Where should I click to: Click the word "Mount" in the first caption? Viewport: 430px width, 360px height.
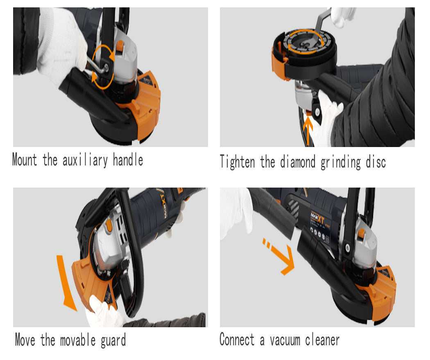coord(25,160)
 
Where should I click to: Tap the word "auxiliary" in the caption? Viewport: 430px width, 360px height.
coord(85,160)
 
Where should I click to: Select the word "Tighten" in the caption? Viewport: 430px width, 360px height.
coord(238,161)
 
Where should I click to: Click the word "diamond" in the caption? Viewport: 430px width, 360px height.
coord(298,161)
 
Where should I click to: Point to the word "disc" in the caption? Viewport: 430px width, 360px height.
coord(376,162)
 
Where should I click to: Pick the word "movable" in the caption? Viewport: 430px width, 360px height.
coord(78,340)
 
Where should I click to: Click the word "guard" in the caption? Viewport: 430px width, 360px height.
coord(113,340)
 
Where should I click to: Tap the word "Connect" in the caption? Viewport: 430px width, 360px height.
coord(237,340)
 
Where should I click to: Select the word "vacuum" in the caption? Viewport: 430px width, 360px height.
coord(285,340)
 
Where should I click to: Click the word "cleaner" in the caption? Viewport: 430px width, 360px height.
coord(323,340)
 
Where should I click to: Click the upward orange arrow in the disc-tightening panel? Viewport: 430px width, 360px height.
coord(308,130)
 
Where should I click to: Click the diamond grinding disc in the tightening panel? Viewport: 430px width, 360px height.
coord(304,43)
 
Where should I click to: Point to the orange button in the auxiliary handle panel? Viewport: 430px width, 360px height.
coord(120,46)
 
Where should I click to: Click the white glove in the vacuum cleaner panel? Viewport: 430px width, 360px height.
coord(235,211)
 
